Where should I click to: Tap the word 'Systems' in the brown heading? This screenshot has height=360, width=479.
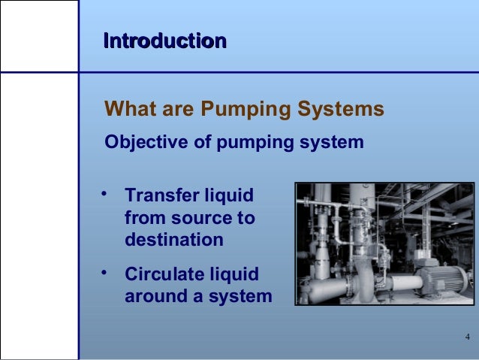pos(343,110)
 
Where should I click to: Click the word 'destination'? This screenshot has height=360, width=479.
pos(173,241)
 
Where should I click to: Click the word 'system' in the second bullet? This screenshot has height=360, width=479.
pos(241,296)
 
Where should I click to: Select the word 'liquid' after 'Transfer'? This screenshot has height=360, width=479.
pos(227,197)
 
